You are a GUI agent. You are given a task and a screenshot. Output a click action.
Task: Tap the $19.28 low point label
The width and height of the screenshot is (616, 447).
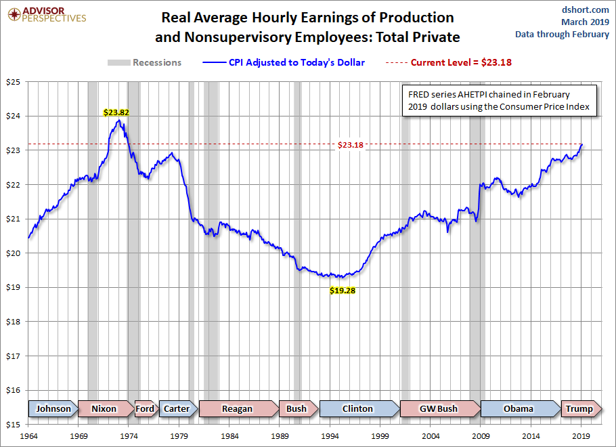342,291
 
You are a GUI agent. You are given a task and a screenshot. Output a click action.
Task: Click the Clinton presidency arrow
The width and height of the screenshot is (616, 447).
357,408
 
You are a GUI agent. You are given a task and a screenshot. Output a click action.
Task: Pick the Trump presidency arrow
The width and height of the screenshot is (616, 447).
579,408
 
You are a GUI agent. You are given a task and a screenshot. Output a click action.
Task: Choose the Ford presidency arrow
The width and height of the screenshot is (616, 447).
145,408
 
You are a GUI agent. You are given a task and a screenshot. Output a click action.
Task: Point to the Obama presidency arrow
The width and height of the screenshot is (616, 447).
518,408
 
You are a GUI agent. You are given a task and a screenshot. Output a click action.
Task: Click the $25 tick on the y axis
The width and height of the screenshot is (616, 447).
14,82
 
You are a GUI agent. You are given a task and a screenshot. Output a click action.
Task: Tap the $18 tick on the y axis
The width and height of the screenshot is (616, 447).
14,322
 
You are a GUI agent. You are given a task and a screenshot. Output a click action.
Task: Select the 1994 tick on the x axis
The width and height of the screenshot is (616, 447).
330,436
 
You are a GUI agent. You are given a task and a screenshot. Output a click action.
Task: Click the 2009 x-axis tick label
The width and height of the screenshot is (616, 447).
481,436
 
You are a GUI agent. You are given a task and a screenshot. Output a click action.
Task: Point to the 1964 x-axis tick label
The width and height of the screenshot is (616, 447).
28,436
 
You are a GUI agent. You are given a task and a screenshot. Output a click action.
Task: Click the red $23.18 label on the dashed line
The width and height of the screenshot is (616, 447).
351,144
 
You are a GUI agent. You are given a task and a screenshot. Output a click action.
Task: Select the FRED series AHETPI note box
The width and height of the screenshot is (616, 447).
500,101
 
